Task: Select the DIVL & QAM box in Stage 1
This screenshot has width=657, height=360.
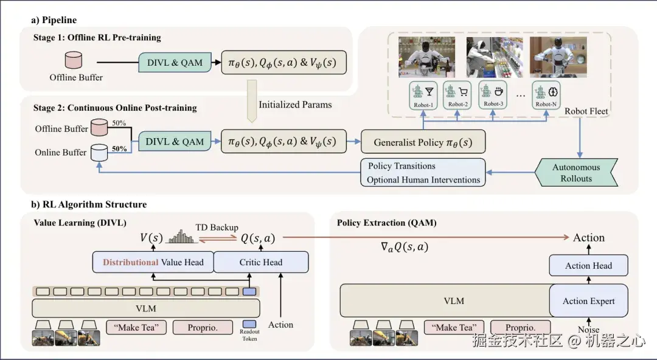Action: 175,63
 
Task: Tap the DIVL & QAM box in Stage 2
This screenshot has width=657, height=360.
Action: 175,141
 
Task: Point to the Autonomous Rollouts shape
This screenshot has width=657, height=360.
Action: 575,173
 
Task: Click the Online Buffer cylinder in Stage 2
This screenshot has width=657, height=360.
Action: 98,151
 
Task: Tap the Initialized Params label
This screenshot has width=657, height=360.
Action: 295,105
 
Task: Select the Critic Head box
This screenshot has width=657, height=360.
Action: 261,262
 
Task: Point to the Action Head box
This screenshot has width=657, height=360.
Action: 588,266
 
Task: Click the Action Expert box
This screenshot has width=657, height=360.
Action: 588,300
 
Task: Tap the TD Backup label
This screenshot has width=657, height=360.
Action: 217,227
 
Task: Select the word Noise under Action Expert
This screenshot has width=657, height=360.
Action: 588,330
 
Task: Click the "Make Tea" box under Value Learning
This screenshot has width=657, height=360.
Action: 136,327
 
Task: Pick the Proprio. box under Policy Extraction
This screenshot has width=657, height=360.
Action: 520,328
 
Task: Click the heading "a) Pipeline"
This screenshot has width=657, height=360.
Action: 54,19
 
